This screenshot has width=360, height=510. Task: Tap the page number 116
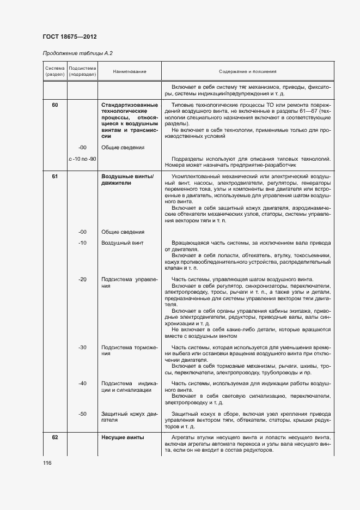click(x=48, y=463)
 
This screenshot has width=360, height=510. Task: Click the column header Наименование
click(x=130, y=71)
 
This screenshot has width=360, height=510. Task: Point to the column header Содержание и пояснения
click(x=248, y=71)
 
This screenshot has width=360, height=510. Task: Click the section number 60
click(x=55, y=104)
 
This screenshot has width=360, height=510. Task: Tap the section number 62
click(x=55, y=437)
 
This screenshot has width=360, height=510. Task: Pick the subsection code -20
click(x=82, y=279)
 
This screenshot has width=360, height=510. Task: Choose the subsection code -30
click(x=82, y=347)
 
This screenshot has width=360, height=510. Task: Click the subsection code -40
click(x=82, y=384)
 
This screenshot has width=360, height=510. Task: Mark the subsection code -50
click(x=82, y=414)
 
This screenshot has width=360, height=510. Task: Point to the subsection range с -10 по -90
click(x=82, y=159)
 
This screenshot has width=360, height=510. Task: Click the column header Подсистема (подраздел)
click(x=82, y=71)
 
